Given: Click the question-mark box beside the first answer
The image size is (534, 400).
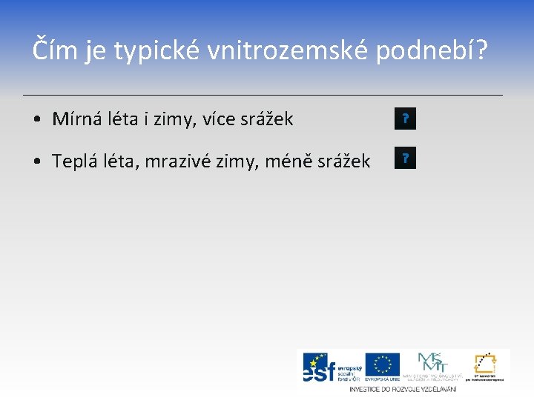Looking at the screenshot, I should pos(406,119).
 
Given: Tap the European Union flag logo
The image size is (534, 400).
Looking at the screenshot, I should pos(383,365).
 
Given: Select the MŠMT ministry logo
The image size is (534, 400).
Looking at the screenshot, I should pos(429,365).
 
